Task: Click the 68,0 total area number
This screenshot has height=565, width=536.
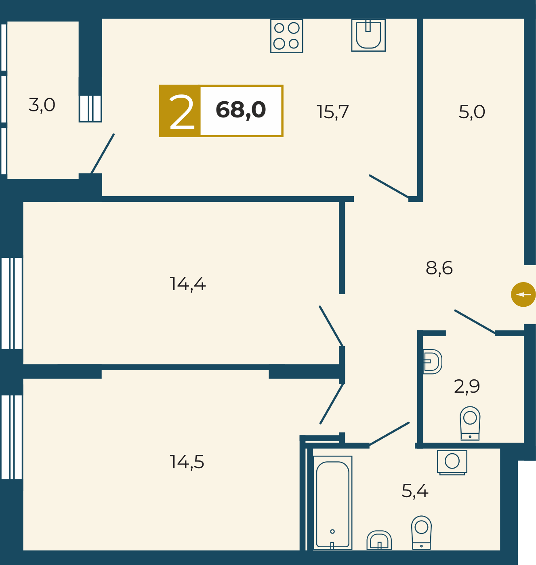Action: point(240,110)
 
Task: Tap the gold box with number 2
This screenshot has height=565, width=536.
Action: point(180,111)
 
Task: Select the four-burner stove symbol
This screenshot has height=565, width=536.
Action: point(286,36)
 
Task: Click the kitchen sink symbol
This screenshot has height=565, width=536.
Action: point(368,35)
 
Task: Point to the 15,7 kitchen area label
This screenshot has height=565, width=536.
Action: point(332,112)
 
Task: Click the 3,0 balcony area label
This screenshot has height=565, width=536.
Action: point(42,105)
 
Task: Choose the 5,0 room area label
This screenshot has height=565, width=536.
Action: point(472,112)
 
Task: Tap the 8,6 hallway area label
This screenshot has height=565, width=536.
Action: point(439,268)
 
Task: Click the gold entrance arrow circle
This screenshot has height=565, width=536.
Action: point(523,294)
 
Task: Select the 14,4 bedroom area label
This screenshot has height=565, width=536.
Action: point(187,284)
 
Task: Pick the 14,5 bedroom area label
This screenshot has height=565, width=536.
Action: point(187,462)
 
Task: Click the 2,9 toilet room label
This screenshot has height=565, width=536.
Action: point(467,386)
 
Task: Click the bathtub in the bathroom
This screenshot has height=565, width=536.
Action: point(332,503)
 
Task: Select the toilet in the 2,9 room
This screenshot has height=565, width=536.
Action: point(470,423)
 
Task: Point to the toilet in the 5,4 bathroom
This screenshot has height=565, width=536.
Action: point(421,533)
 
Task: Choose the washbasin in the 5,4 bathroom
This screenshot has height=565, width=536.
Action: point(379,540)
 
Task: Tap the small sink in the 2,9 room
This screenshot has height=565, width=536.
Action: point(433,362)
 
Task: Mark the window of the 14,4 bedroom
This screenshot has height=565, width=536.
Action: point(12,303)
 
